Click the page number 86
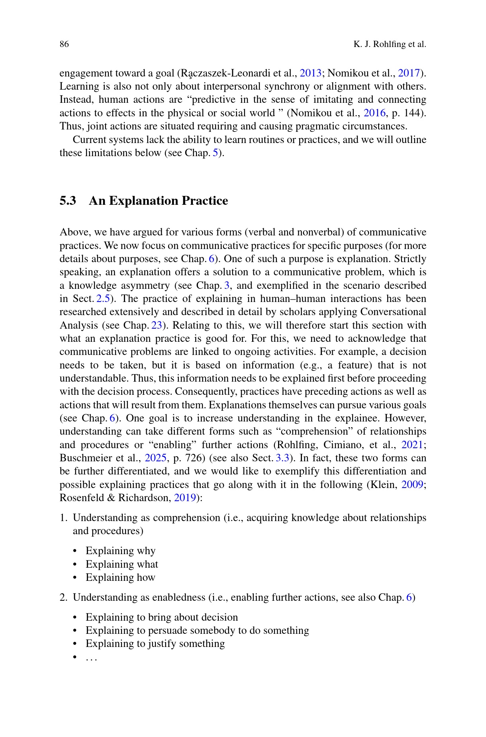[x=64, y=44]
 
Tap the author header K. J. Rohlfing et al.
[x=390, y=44]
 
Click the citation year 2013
[x=310, y=73]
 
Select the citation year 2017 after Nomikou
[x=409, y=73]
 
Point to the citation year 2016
[x=374, y=113]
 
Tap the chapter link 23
[x=157, y=325]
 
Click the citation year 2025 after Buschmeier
[x=155, y=458]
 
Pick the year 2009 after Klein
[x=412, y=484]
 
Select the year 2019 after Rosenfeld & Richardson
[x=185, y=498]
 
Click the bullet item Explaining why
[x=120, y=551]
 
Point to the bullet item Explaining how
[x=120, y=577]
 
